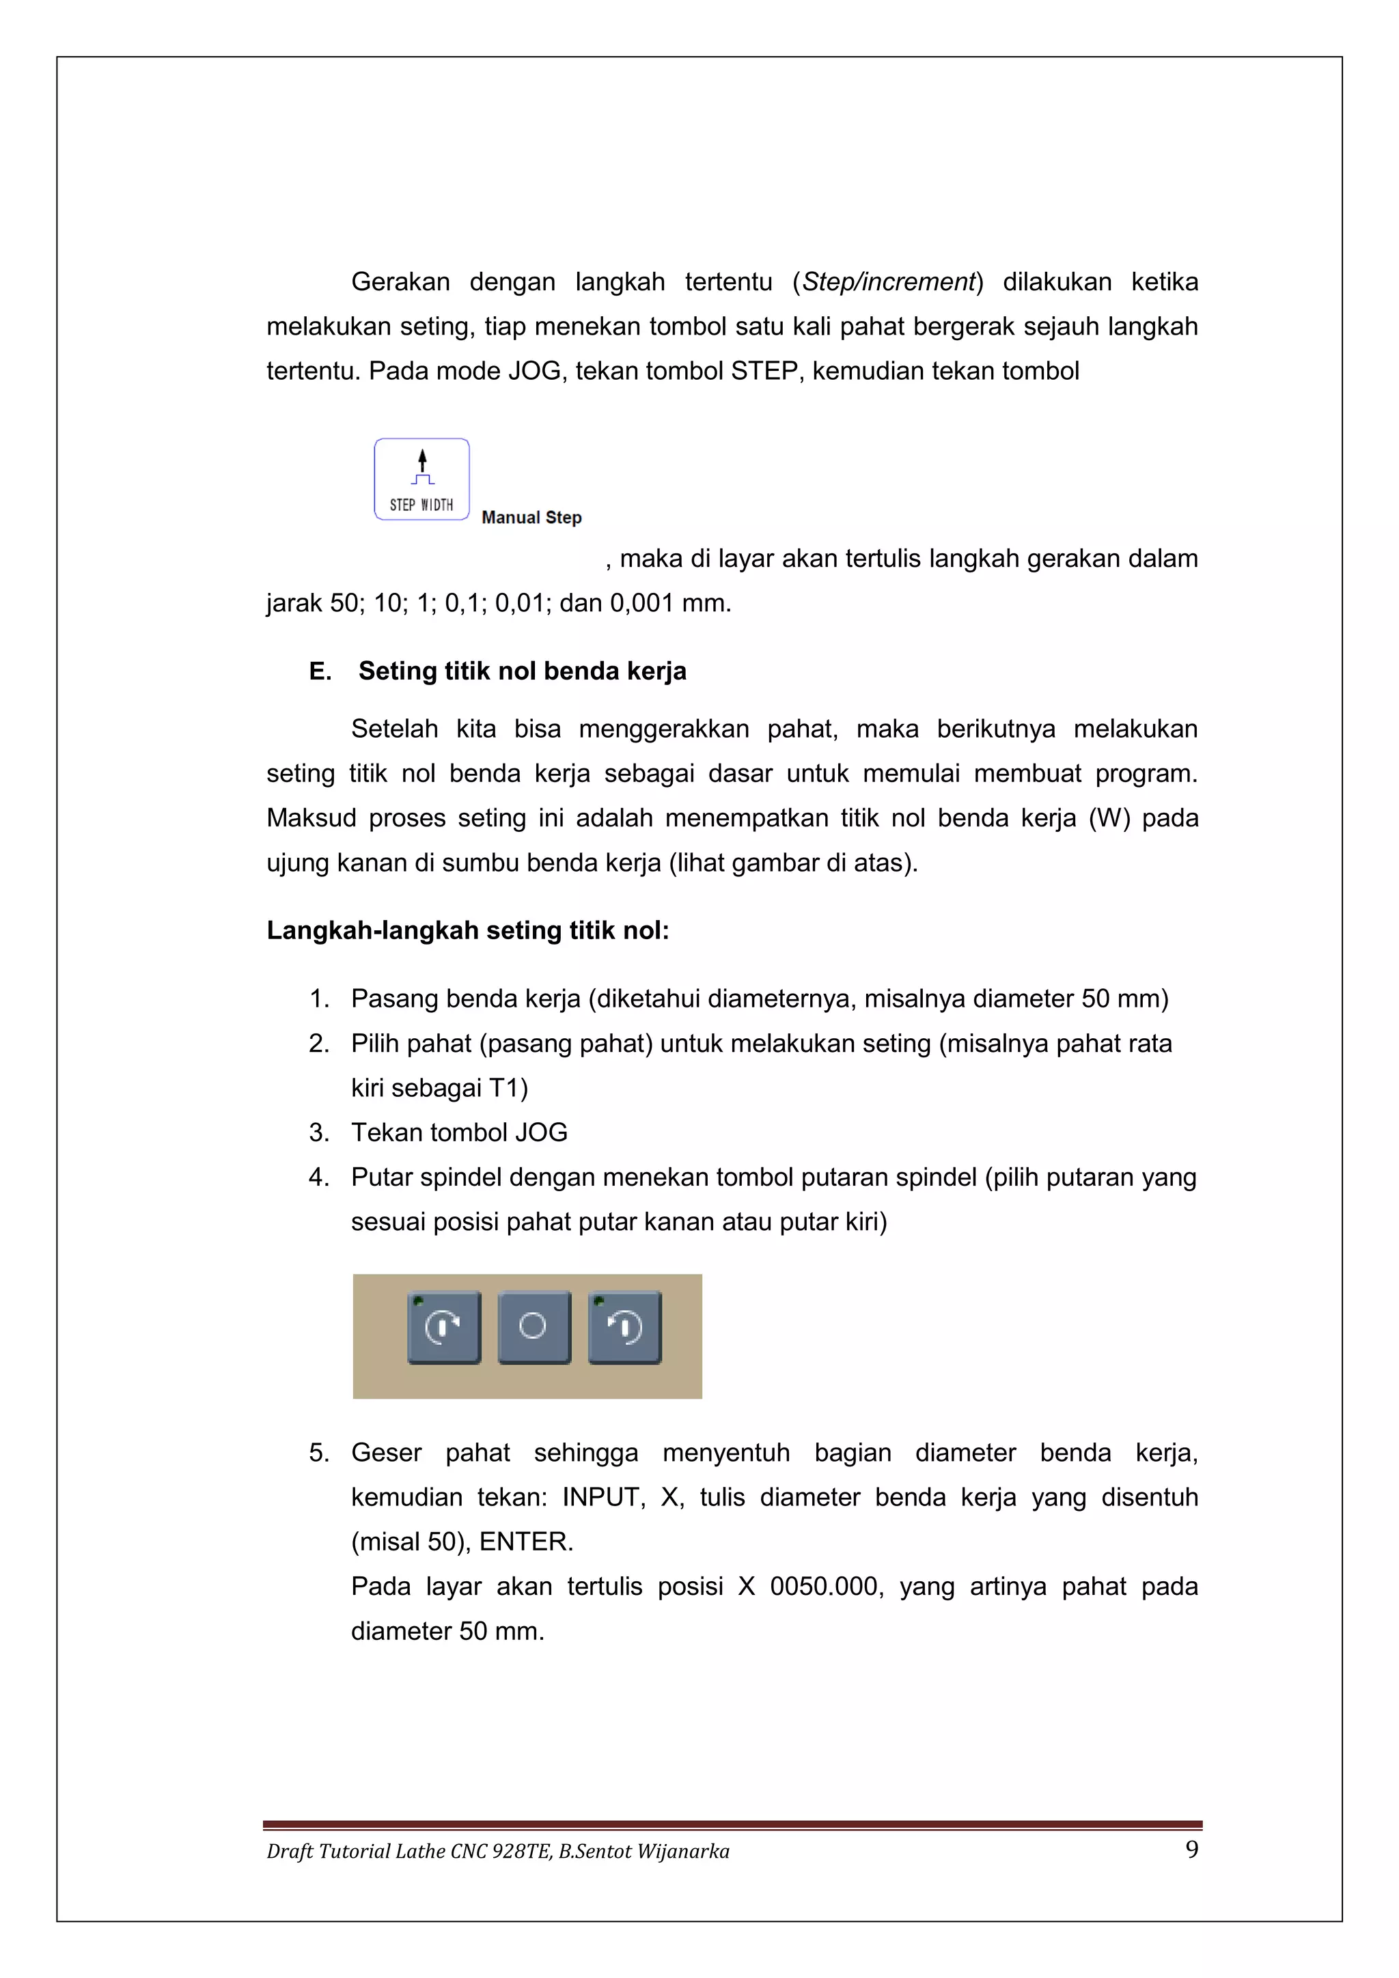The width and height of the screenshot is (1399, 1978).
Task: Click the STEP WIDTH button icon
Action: click(x=421, y=479)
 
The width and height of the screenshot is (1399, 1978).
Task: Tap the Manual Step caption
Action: click(x=531, y=518)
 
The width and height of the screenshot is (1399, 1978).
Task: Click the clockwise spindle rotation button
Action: click(x=443, y=1328)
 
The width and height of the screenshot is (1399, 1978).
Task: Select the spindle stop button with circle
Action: click(x=534, y=1328)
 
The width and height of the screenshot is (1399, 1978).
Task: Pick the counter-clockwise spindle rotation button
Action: click(x=624, y=1328)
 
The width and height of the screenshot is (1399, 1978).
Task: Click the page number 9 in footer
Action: click(x=1191, y=1849)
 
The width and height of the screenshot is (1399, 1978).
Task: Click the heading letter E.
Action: click(x=319, y=671)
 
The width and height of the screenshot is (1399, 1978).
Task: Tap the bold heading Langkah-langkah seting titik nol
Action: click(x=468, y=931)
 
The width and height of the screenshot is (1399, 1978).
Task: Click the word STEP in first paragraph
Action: click(x=764, y=372)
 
